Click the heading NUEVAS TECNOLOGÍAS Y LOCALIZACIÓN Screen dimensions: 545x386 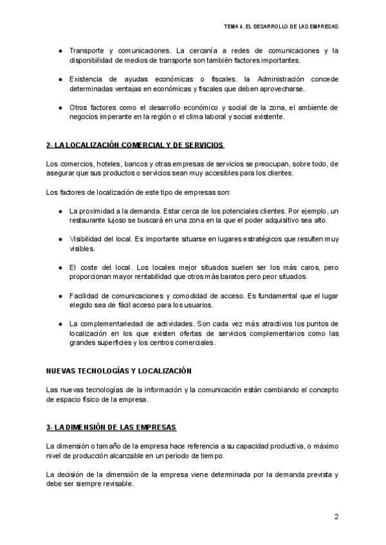pos(119,371)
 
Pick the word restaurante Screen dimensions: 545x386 pos(88,220)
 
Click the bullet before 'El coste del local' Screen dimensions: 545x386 pos(59,267)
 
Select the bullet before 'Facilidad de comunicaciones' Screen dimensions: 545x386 pos(59,295)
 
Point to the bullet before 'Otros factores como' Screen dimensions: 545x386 pos(59,107)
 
